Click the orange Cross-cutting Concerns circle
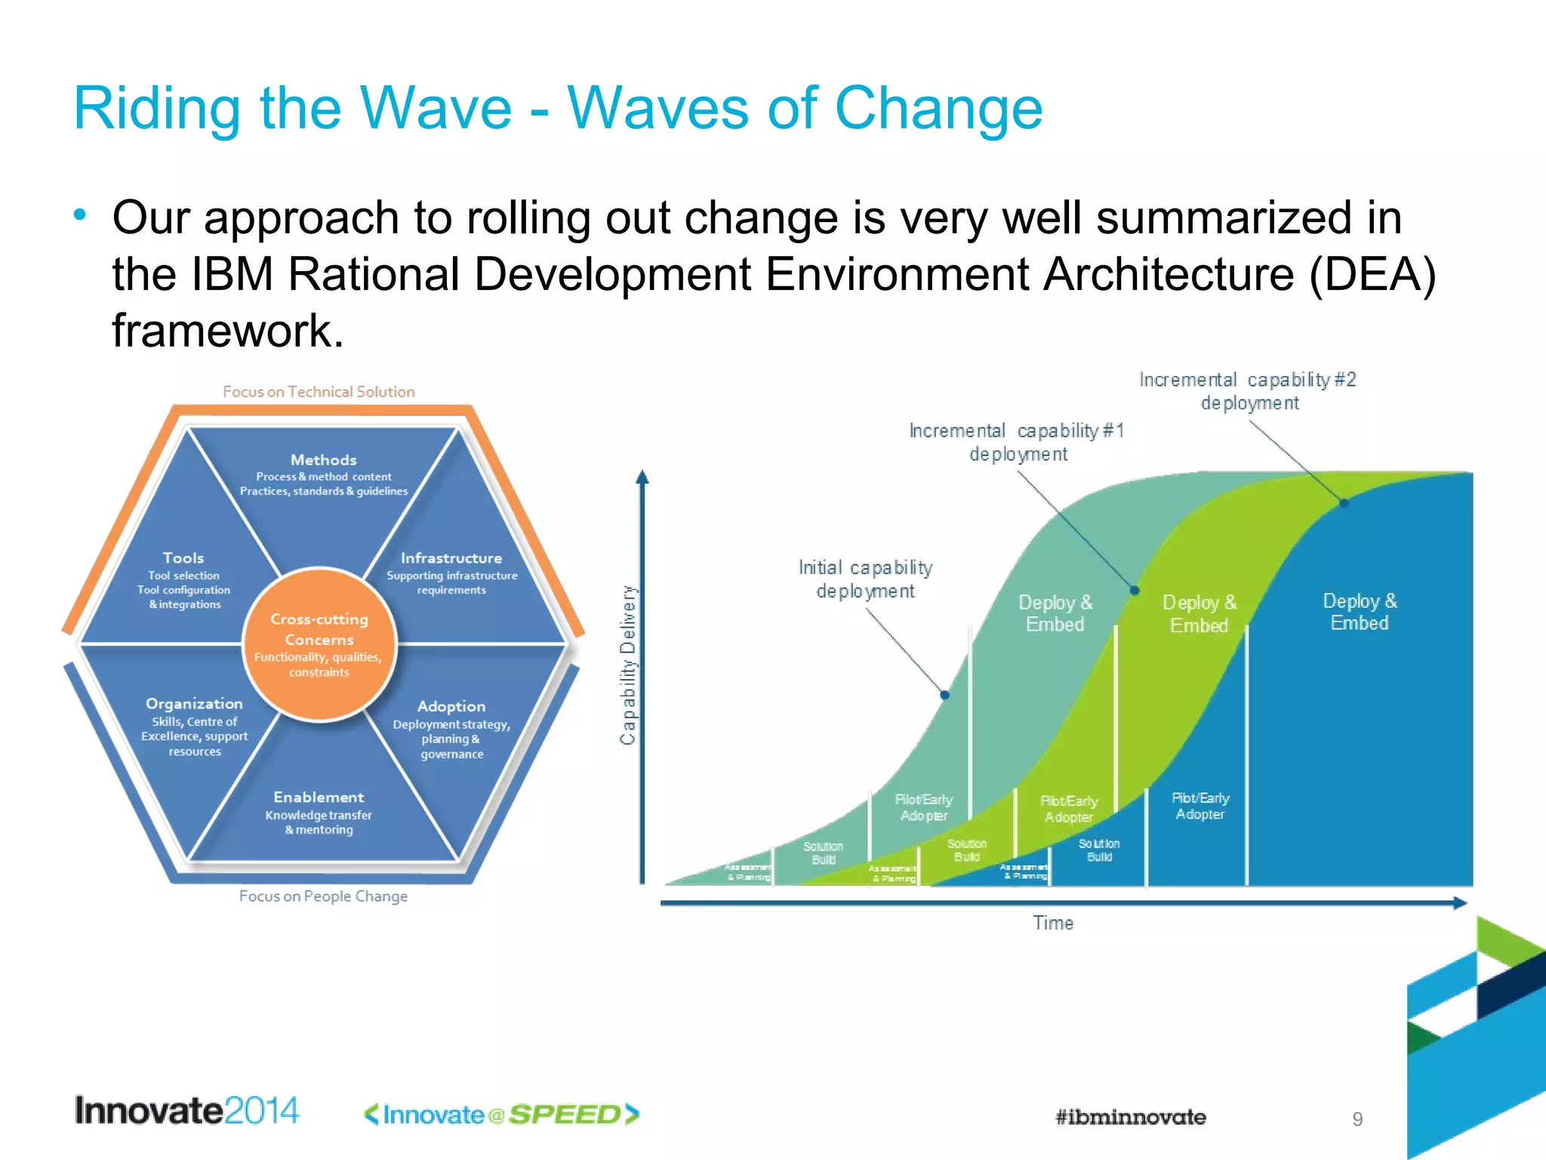pyautogui.click(x=319, y=643)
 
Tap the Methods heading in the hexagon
pyautogui.click(x=323, y=460)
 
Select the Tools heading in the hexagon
pyautogui.click(x=183, y=558)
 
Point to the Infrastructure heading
pyautogui.click(x=451, y=558)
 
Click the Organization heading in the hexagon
pyautogui.click(x=194, y=704)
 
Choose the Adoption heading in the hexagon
pyautogui.click(x=451, y=706)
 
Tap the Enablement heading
pyautogui.click(x=319, y=797)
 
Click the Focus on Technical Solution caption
pyautogui.click(x=319, y=392)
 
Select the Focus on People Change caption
pyautogui.click(x=323, y=896)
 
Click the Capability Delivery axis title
pyautogui.click(x=628, y=665)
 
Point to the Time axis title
pyautogui.click(x=1053, y=923)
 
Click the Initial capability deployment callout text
pyautogui.click(x=866, y=579)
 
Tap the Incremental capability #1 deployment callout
pyautogui.click(x=1018, y=443)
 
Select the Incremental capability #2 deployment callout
pyautogui.click(x=1249, y=391)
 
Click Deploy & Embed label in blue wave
pyautogui.click(x=1360, y=612)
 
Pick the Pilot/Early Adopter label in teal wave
pyautogui.click(x=923, y=807)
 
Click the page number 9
pyautogui.click(x=1357, y=1119)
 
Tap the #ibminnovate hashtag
pyautogui.click(x=1130, y=1117)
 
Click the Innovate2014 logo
pyautogui.click(x=186, y=1111)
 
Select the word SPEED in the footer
pyautogui.click(x=565, y=1115)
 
